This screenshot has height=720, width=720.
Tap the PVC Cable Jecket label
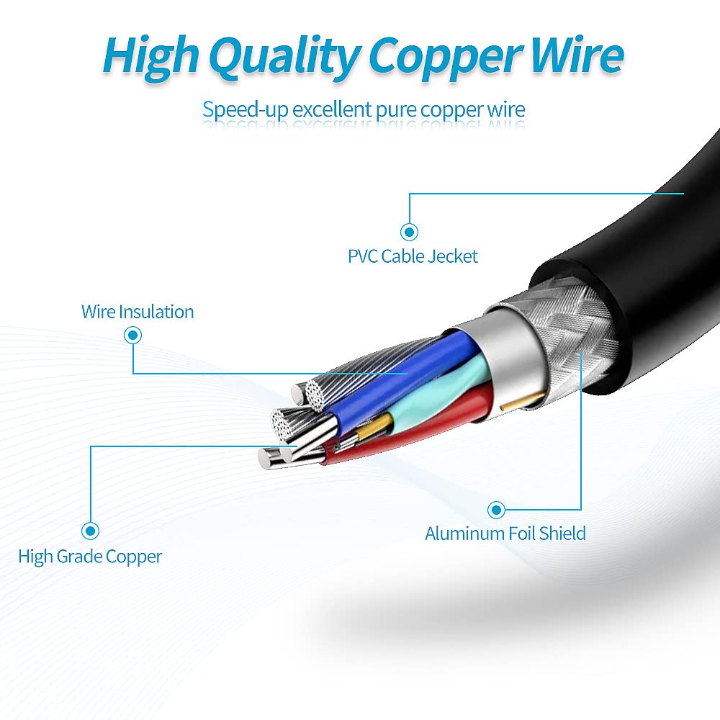413,256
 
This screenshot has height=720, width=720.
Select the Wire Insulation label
138,312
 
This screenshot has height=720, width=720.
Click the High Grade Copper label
90,557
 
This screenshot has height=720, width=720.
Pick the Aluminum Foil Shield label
505,534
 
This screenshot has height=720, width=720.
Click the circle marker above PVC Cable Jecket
410,232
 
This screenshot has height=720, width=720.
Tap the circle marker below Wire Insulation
132,335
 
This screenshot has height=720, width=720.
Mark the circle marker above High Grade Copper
90,531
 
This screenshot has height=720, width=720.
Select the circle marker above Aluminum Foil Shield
495,510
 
